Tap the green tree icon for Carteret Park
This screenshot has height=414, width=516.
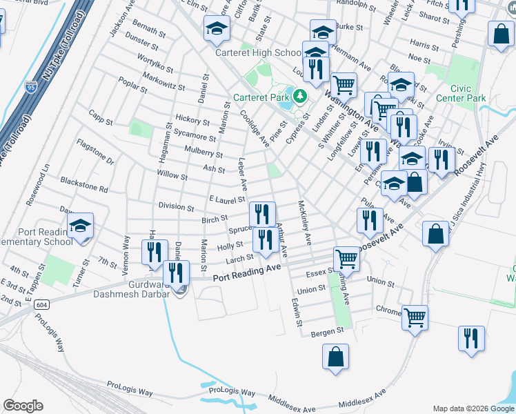click(300, 95)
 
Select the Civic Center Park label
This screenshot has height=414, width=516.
click(468, 93)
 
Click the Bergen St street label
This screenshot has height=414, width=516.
click(327, 332)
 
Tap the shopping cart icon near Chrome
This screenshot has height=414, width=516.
click(415, 317)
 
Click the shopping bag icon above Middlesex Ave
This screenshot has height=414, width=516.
click(335, 357)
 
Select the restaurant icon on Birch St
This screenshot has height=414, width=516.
click(262, 213)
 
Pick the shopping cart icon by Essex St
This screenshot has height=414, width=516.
click(347, 259)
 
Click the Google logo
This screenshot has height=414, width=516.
click(23, 406)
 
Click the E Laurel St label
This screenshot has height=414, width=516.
click(228, 199)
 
